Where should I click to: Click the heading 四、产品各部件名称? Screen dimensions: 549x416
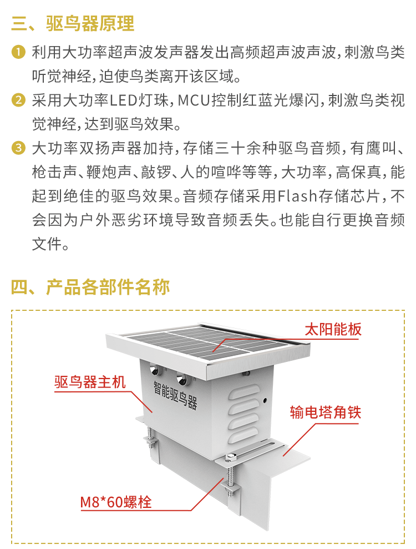[90, 287]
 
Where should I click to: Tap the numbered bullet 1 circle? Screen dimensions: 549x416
[18, 53]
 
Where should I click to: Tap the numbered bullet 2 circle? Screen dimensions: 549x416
[18, 100]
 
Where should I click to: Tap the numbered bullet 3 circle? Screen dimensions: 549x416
[18, 149]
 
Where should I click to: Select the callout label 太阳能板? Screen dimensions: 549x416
[333, 329]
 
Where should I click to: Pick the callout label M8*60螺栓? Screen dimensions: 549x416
[116, 502]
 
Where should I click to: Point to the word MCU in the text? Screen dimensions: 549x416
[196, 100]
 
